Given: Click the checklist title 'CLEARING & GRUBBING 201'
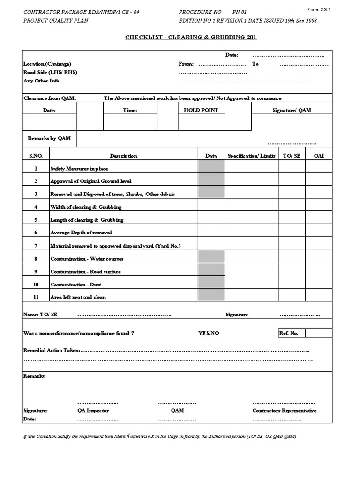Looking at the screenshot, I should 191,37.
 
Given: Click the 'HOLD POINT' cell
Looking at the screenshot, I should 201,110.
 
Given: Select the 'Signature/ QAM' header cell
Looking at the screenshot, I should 292,110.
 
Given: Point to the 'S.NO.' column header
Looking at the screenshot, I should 36,156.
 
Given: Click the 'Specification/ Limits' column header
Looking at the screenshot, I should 251,156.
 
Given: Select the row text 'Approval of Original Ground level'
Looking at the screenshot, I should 91,181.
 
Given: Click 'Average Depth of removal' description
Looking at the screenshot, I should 81,232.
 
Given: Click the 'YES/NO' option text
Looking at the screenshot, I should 209,333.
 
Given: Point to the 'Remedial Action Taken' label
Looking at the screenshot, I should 52,350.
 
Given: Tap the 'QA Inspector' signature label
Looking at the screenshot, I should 93,410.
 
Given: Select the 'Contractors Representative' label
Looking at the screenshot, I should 285,410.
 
